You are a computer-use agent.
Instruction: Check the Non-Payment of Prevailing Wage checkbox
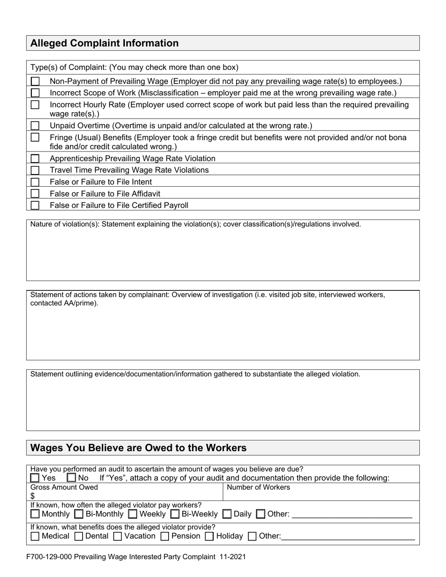point(35,81)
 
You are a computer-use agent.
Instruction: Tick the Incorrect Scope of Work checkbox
point(35,93)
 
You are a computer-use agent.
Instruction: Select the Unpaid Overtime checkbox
point(35,126)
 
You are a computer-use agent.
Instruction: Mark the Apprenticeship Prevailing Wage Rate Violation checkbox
point(35,159)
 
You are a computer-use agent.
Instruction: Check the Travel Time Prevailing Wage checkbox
point(35,170)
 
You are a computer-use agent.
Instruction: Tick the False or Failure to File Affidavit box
point(35,193)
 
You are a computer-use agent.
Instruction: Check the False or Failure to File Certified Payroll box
point(35,205)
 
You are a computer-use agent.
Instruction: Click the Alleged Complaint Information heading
point(104,43)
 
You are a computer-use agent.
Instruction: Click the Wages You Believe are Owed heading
point(138,448)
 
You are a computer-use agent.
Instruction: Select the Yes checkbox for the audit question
point(35,478)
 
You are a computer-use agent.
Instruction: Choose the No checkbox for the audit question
point(71,478)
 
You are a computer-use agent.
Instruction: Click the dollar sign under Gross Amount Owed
point(33,496)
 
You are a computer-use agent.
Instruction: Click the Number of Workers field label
point(258,487)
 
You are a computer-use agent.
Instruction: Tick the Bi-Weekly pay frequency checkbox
point(175,514)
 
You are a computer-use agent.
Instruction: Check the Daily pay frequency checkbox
point(227,514)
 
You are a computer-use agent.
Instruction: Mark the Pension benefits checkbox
point(164,536)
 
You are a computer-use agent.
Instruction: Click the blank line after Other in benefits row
point(347,537)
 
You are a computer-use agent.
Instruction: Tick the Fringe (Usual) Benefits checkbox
point(35,137)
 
